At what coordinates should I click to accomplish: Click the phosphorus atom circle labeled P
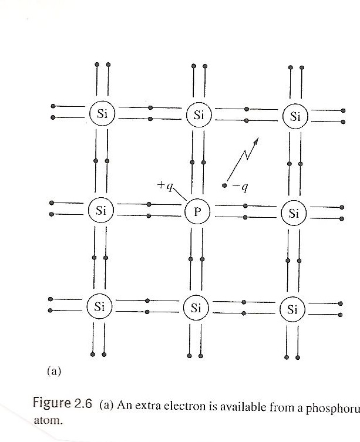pos(197,211)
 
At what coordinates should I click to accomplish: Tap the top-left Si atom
pos(102,114)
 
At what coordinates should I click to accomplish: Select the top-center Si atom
pos(198,114)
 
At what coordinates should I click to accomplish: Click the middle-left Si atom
pos(101,210)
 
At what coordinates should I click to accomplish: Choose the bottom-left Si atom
pos(100,306)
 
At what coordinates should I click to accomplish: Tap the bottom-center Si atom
pos(197,307)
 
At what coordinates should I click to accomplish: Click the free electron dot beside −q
pos(224,186)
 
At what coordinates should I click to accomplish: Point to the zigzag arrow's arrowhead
pos(257,141)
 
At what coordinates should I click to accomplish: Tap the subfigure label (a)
pos(53,370)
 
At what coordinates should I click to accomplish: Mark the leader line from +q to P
pos(180,194)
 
